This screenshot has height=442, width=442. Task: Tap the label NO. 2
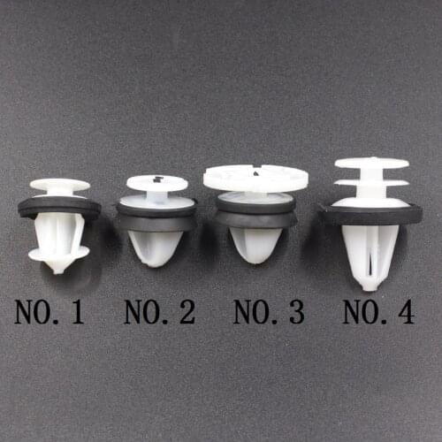(x=159, y=312)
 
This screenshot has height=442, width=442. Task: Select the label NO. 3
(x=269, y=312)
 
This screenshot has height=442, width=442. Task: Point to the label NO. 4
(x=378, y=312)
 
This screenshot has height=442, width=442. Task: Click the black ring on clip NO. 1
(x=58, y=209)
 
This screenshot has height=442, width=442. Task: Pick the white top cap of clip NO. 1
(x=59, y=186)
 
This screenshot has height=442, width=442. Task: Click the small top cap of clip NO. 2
(x=156, y=183)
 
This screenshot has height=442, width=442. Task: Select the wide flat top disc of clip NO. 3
(x=255, y=178)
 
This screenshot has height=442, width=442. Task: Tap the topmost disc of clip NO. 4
(x=371, y=164)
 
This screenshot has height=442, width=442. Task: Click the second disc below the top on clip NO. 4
(x=371, y=184)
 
